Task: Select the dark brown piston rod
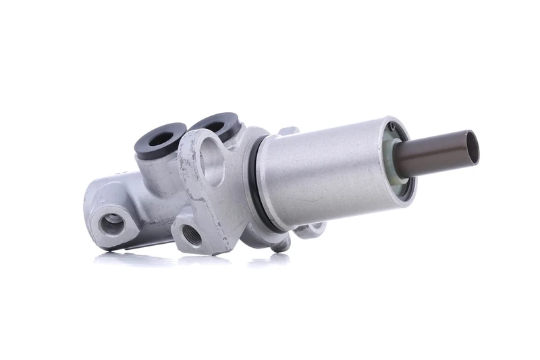(439, 152)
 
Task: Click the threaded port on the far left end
(112, 224)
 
